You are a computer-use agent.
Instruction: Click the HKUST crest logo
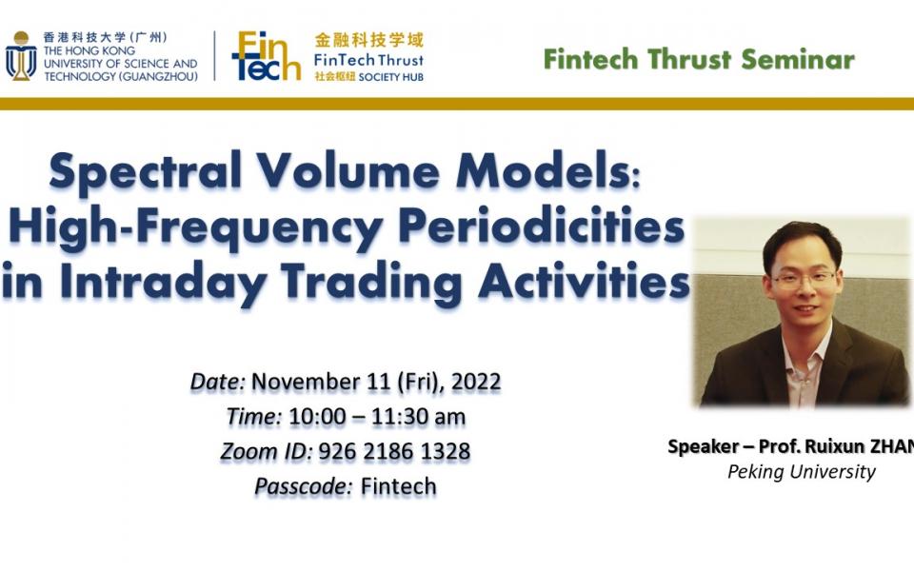(21, 56)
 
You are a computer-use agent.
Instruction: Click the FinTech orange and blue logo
(266, 56)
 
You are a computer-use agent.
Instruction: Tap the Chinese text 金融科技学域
(368, 40)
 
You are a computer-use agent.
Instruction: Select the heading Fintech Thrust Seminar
(699, 58)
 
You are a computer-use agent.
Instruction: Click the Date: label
(218, 382)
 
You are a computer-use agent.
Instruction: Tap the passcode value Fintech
(398, 485)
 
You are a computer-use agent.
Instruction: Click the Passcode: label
(304, 485)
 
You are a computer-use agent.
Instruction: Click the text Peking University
(801, 471)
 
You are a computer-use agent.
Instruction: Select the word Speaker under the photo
(702, 446)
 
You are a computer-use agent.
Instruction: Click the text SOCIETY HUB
(392, 76)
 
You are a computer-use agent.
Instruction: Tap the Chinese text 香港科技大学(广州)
(106, 38)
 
